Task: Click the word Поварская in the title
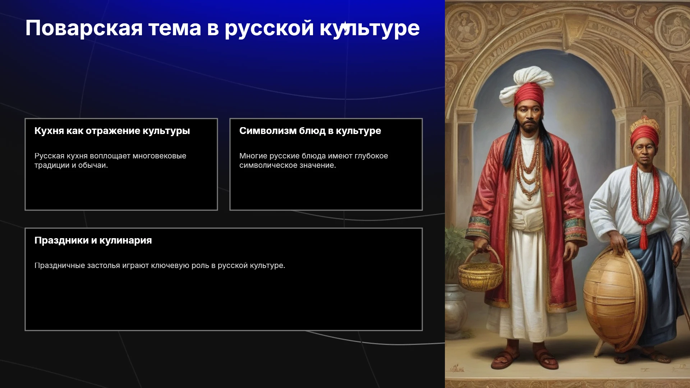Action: (84, 28)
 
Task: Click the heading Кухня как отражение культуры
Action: (112, 131)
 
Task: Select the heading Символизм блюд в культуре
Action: (310, 131)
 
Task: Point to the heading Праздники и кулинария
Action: (93, 240)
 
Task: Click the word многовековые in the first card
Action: (159, 156)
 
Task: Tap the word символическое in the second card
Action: (266, 165)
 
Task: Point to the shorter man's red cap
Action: (645, 134)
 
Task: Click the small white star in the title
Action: (345, 27)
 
